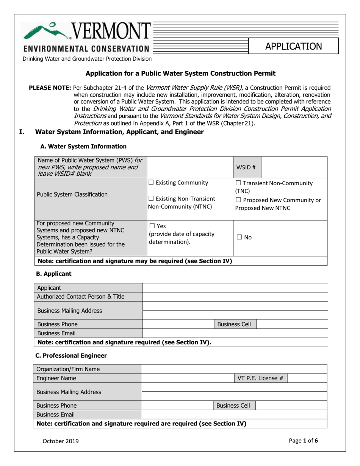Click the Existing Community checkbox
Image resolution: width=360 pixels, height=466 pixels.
(x=151, y=183)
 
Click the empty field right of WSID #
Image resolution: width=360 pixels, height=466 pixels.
(x=294, y=167)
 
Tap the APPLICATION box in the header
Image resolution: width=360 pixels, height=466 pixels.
(x=294, y=46)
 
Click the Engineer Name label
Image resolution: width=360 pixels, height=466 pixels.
(x=56, y=378)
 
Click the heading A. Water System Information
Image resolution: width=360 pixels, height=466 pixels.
(x=81, y=146)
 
